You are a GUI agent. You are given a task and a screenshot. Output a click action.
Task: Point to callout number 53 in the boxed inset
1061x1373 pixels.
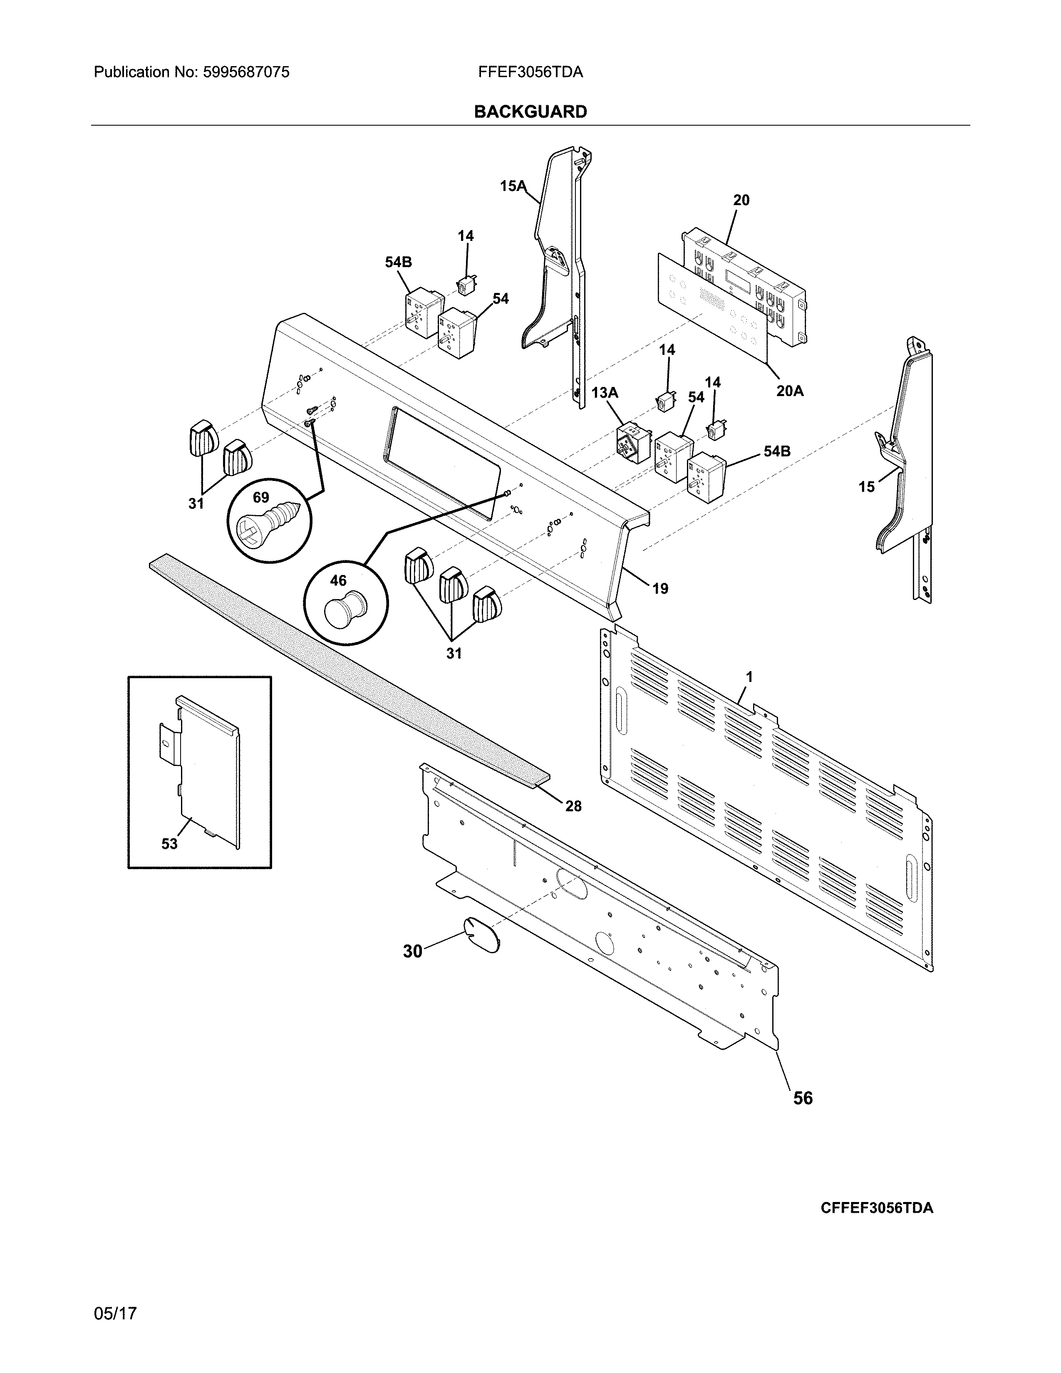(x=169, y=844)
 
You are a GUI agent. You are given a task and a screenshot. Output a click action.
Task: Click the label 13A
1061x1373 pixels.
(x=605, y=393)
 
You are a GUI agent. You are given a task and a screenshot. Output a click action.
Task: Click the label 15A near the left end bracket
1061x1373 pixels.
(x=512, y=186)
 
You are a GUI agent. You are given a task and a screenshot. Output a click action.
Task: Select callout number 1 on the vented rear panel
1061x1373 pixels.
(x=749, y=677)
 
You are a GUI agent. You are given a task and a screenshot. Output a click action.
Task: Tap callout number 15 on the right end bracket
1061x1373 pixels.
(x=866, y=487)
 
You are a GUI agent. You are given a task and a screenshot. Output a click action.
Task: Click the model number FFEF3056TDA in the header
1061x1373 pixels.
(x=530, y=72)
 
